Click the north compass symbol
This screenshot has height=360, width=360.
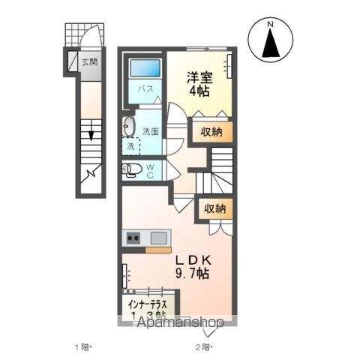tap(271, 41)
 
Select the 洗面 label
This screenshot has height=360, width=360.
tap(150, 131)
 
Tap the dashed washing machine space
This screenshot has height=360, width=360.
tap(132, 145)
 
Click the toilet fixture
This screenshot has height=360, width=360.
tap(130, 170)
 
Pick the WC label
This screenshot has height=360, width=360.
tap(149, 170)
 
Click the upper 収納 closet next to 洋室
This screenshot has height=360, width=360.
tap(211, 132)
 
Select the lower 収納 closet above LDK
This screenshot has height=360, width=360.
tap(214, 209)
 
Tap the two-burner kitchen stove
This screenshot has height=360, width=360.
tap(133, 238)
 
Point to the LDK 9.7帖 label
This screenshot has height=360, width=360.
tap(193, 267)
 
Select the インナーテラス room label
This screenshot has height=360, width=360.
tap(152, 306)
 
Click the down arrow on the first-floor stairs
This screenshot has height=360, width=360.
tap(90, 133)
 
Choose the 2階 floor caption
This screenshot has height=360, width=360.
tap(202, 346)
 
